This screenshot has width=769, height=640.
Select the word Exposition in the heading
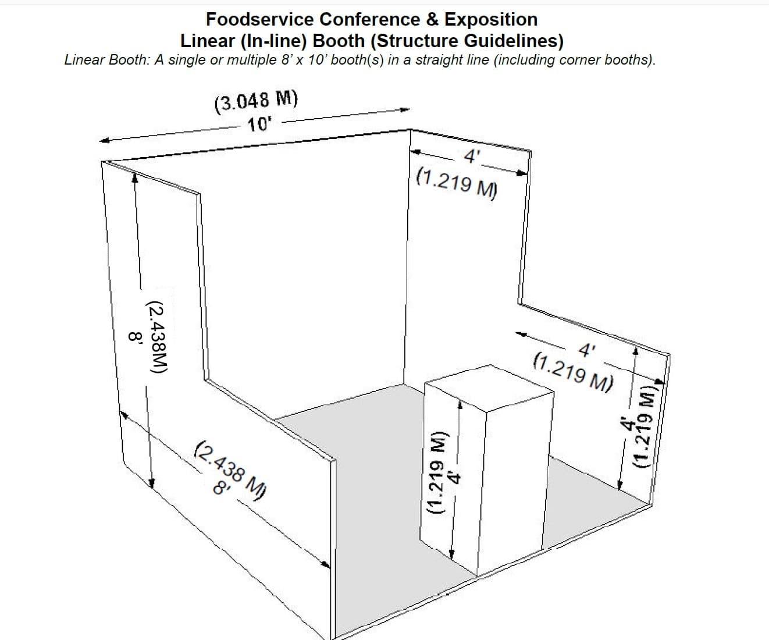point(491,20)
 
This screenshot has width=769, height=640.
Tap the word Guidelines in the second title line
point(514,41)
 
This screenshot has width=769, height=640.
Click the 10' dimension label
point(259,125)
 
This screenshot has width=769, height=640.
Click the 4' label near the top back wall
point(471,157)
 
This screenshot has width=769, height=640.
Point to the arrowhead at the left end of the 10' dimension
point(105,140)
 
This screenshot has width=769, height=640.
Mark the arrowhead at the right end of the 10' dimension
point(405,109)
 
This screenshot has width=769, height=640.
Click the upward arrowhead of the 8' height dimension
point(135,177)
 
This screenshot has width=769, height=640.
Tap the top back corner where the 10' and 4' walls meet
point(411,129)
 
